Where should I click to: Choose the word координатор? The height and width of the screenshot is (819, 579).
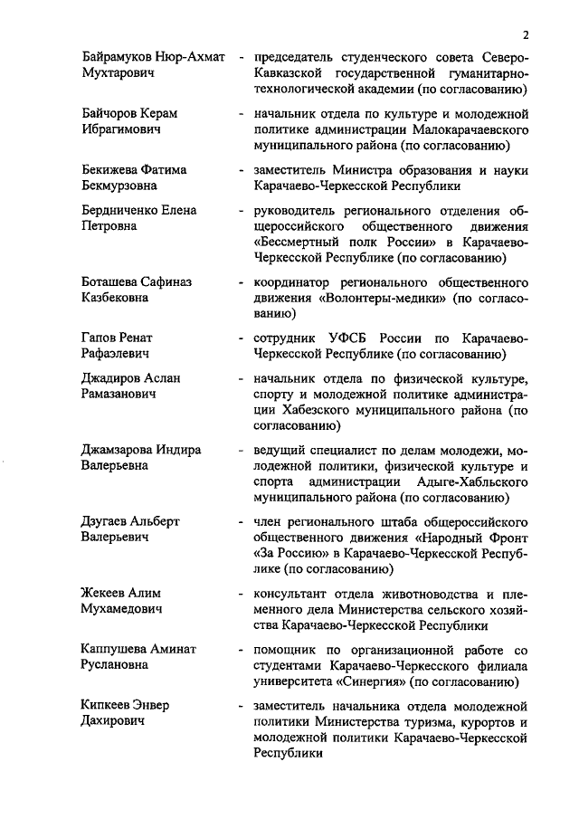295,281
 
